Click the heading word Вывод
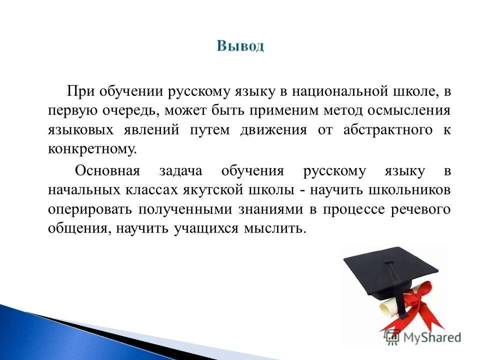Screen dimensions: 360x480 pyautogui.click(x=240, y=46)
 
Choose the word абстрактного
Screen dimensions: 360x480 pyautogui.click(x=388, y=130)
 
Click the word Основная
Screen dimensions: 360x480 pyautogui.click(x=106, y=171)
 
